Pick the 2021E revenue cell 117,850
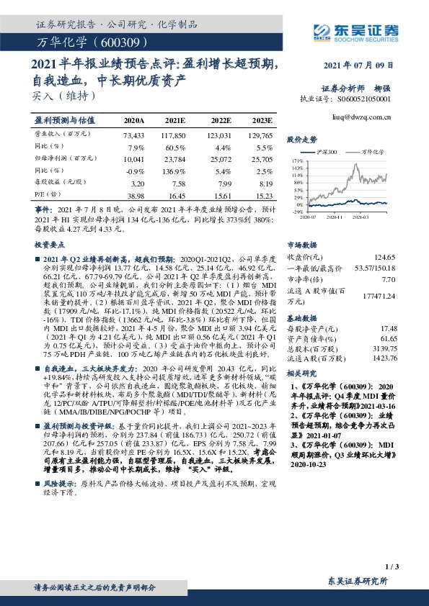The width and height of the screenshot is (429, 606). point(175,135)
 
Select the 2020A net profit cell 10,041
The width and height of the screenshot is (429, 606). point(134,157)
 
